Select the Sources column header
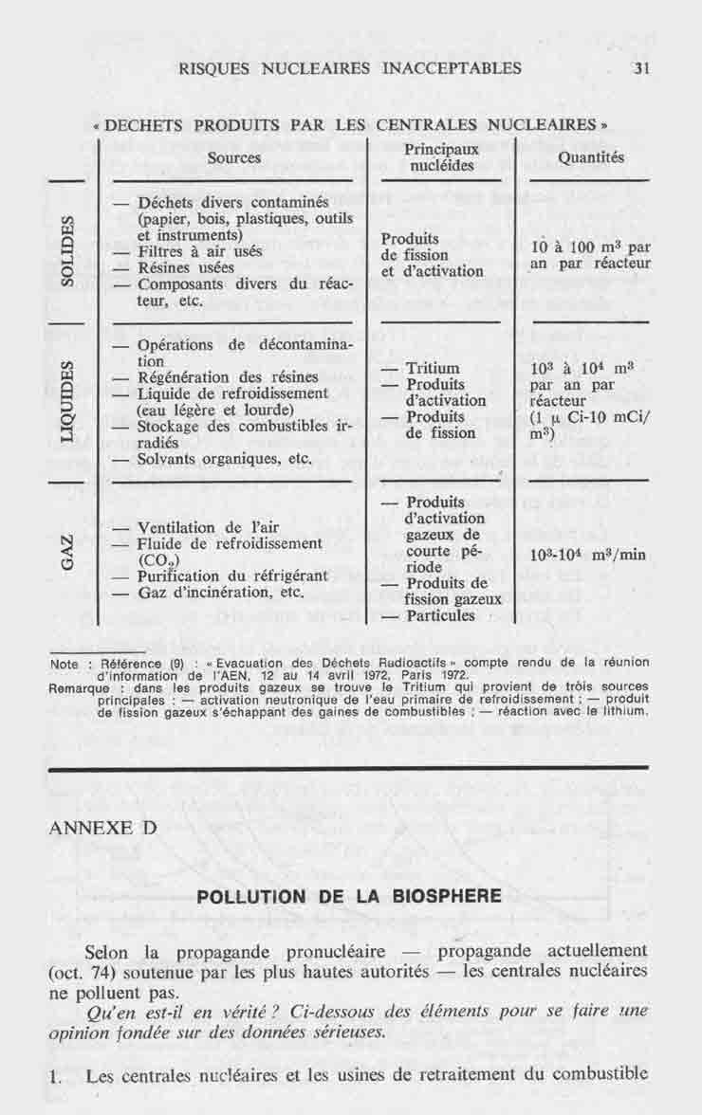233,158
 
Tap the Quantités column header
591,158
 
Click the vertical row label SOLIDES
67,250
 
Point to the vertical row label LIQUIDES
67,401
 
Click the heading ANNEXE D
102,826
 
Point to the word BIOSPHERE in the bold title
448,896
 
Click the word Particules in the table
440,616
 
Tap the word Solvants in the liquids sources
169,459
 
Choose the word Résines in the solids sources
166,268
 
